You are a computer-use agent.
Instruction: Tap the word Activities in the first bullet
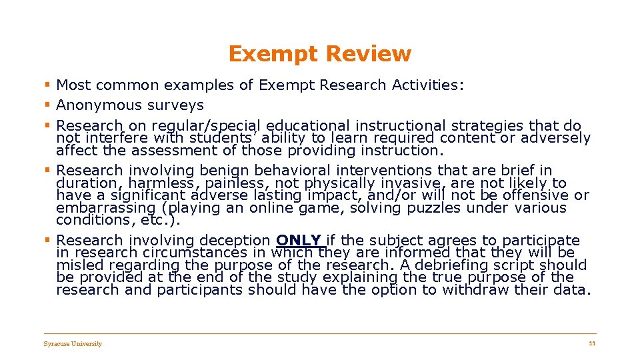coord(429,85)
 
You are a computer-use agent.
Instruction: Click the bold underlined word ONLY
coord(299,240)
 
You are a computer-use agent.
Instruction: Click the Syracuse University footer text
coord(73,344)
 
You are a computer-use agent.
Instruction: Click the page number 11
coord(591,343)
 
